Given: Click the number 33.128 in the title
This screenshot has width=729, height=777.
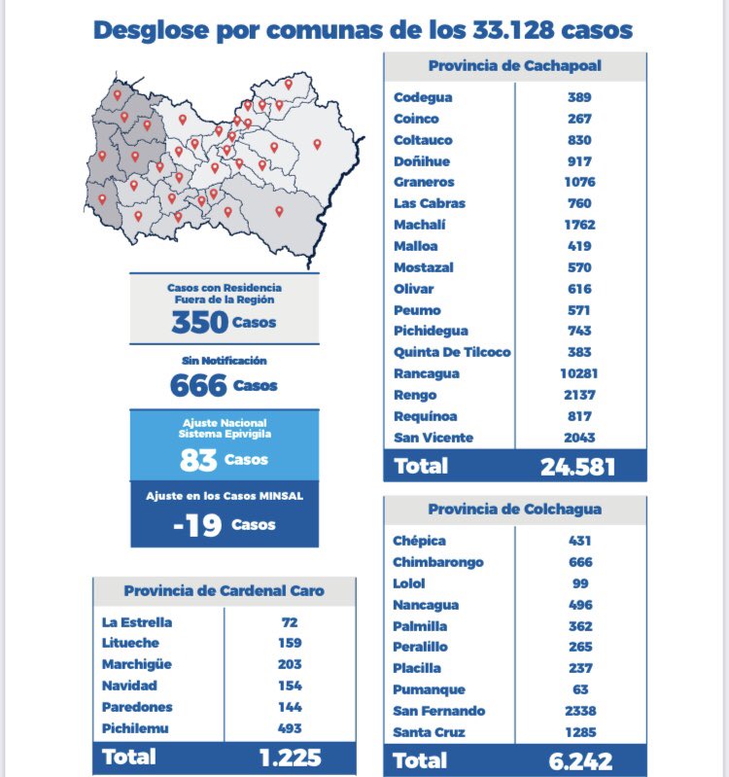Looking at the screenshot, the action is coord(513,30).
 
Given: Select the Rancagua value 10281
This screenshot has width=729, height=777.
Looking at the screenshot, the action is coord(579,373).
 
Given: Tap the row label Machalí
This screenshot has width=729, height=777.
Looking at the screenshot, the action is coord(420,225).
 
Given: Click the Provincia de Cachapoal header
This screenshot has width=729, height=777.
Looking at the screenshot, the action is coord(514,65).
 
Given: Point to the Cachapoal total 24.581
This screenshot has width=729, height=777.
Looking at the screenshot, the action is coord(577,467).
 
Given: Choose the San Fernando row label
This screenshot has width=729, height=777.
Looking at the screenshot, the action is coord(438,711).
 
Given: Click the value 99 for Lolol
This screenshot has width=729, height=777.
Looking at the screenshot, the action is coord(580,583).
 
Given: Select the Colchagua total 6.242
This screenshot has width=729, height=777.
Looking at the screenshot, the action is coord(580,761).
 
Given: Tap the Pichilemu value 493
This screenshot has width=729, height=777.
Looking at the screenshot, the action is coord(290,728).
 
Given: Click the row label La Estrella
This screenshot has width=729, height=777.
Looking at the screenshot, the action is coord(137,622).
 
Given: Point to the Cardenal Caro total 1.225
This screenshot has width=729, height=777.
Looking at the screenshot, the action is coord(291,758).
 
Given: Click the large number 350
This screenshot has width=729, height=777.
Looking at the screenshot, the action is coord(199,322).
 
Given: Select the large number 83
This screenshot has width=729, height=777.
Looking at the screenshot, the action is coord(198,460).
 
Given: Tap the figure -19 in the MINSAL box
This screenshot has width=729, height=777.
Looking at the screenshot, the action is coord(197,525).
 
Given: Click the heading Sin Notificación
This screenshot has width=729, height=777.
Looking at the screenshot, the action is coord(225,360).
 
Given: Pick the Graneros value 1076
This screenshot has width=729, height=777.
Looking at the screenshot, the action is coord(579,182).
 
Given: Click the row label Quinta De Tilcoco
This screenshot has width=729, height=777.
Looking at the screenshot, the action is coord(452,352).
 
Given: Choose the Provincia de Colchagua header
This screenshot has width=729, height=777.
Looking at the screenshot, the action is coord(514,509).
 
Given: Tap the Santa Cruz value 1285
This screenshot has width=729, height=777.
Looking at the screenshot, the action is coord(580,732).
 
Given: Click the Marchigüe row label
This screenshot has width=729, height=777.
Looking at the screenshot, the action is coord(137,664).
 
